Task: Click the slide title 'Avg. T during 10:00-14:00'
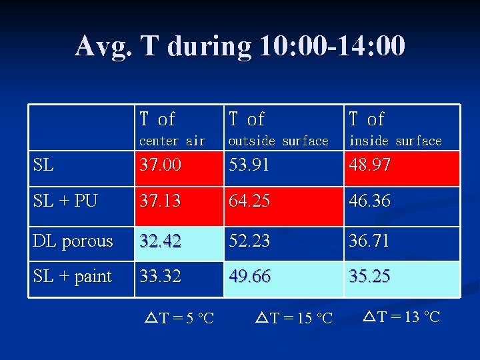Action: click(x=240, y=47)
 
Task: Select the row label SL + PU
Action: click(x=65, y=201)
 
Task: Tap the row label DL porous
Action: click(x=73, y=241)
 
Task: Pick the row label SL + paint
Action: click(x=72, y=276)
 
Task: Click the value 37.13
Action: click(x=160, y=201)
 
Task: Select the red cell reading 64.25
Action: click(x=250, y=201)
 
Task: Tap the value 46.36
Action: click(x=369, y=201)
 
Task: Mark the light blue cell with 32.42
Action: click(x=160, y=241)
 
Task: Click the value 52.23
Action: click(x=249, y=241)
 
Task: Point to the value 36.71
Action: click(x=369, y=241)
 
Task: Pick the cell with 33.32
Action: click(x=160, y=276)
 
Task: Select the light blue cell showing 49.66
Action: click(x=250, y=276)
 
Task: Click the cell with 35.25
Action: click(x=369, y=276)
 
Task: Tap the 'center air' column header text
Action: click(x=172, y=141)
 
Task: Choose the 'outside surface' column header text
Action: click(x=279, y=141)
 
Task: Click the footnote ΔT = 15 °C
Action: click(x=294, y=318)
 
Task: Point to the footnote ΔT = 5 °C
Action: click(x=179, y=318)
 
